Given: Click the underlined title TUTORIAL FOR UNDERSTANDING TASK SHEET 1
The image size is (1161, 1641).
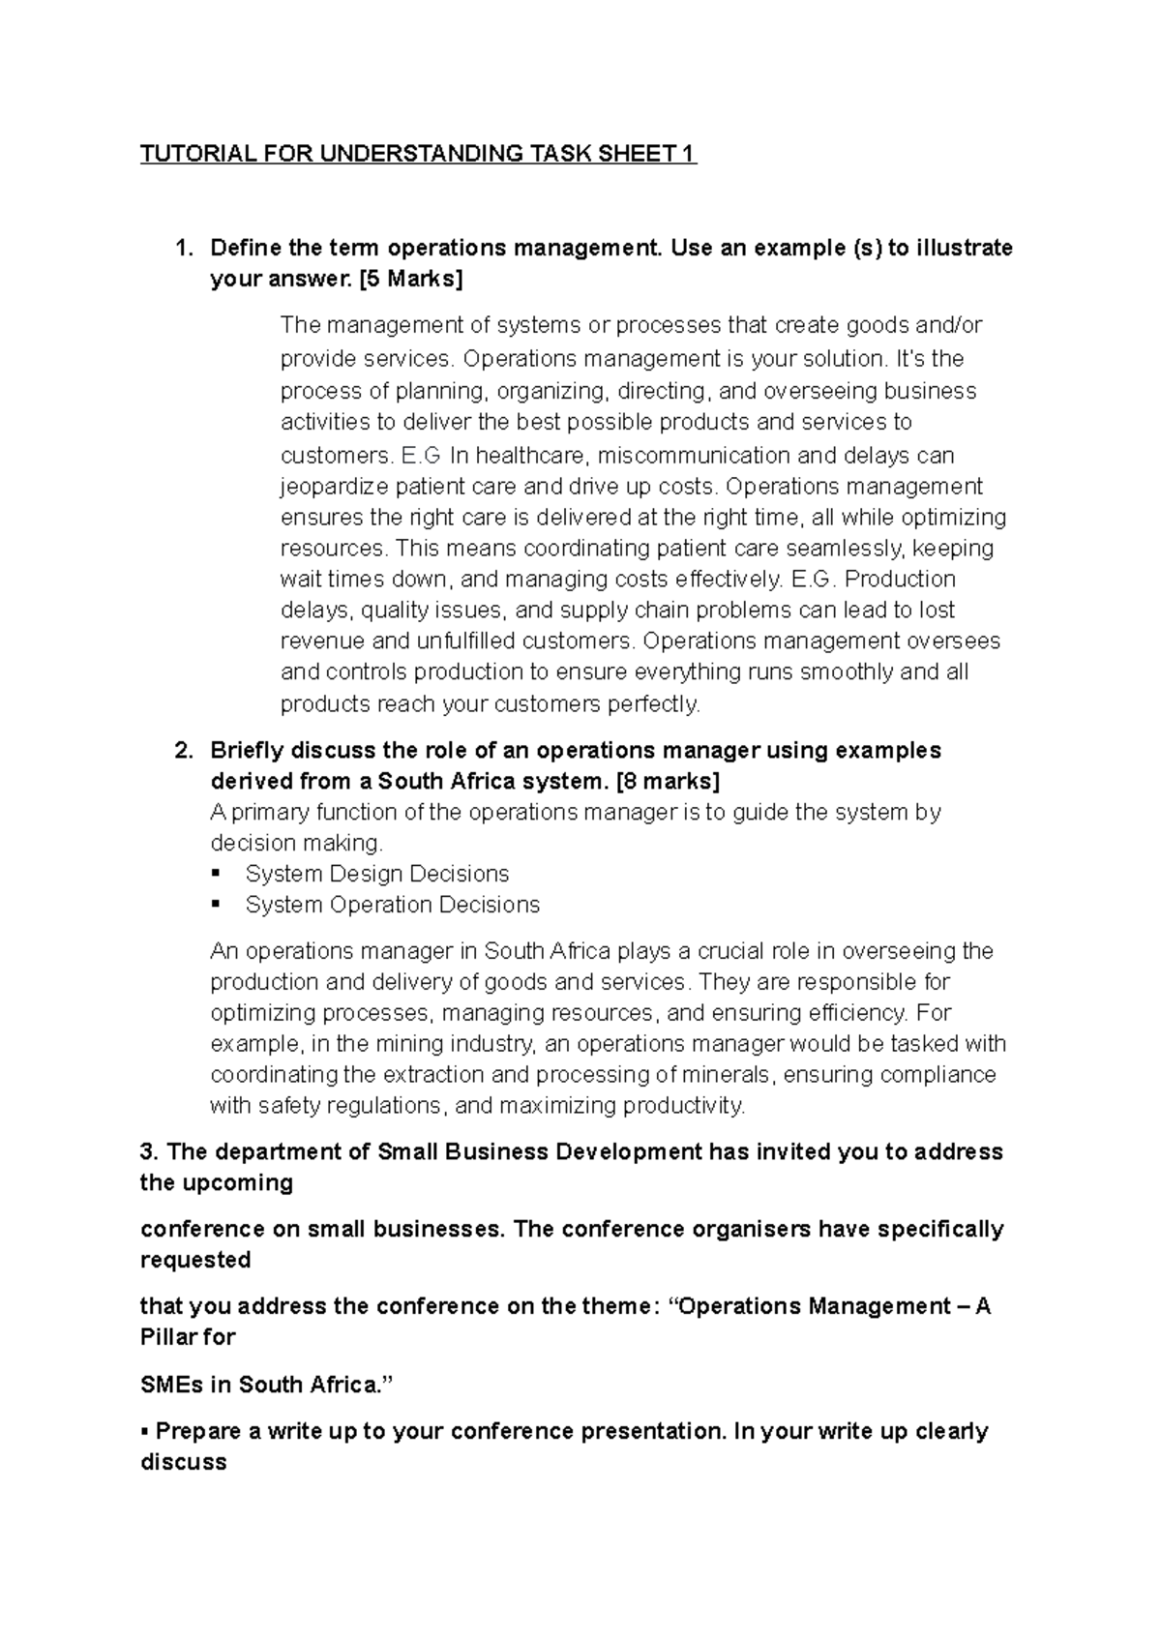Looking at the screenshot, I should point(418,154).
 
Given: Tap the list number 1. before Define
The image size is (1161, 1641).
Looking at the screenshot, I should point(184,249).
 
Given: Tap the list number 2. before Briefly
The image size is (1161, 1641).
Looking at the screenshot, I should point(184,751).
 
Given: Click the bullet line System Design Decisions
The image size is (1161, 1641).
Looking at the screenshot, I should point(376,874).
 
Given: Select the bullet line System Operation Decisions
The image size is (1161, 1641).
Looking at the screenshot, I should point(392,905).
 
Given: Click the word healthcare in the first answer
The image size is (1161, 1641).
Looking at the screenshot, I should point(533,455).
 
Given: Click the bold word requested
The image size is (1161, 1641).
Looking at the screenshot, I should point(195,1260).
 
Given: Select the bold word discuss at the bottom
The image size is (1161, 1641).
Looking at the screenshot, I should point(184,1462).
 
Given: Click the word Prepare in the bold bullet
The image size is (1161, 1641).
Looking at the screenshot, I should point(198,1431).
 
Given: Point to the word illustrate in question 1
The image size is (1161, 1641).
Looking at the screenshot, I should point(964,249).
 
